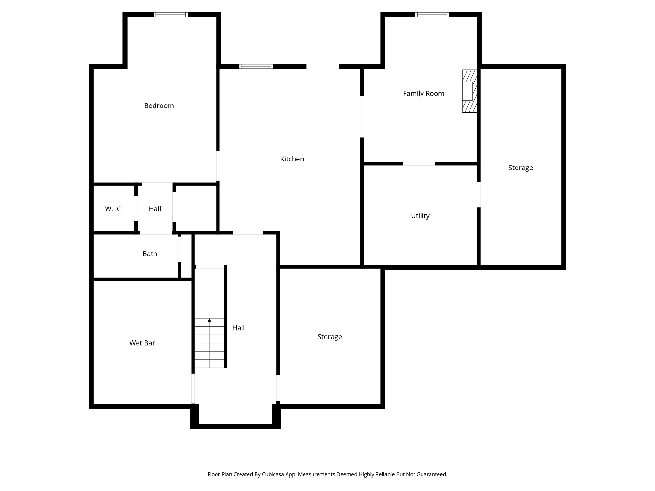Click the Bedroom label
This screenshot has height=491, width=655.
click(159, 105)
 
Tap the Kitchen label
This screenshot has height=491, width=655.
click(292, 159)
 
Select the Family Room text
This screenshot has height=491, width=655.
click(423, 94)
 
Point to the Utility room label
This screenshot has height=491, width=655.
click(420, 216)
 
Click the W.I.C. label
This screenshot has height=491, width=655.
click(114, 209)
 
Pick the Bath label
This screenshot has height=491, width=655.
click(150, 254)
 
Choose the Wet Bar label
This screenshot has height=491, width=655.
click(142, 343)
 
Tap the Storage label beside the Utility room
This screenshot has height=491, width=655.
click(520, 168)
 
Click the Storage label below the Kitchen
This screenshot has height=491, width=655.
click(329, 337)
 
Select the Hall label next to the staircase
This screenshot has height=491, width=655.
click(238, 328)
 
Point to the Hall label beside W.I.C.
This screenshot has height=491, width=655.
click(155, 209)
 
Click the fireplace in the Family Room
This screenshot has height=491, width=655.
click(470, 91)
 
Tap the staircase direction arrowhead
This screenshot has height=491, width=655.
click(209, 320)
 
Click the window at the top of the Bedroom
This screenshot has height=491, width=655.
click(170, 15)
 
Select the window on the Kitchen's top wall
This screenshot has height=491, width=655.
click(256, 66)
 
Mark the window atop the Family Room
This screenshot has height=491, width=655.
click(432, 15)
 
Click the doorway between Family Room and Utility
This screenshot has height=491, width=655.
click(418, 164)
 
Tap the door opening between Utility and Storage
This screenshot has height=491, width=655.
click(479, 195)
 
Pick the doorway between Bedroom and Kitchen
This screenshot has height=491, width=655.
click(218, 166)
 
